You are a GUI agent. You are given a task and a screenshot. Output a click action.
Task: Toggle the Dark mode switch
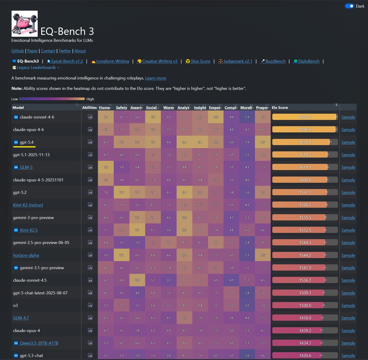coord(349,6)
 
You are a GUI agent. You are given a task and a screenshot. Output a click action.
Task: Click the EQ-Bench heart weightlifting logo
coord(25,24)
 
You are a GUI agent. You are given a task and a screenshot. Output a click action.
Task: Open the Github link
coord(17,51)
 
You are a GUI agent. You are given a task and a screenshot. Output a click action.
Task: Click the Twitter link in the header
coord(65,51)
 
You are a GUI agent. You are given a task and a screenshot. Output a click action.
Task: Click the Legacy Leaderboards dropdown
coord(36,67)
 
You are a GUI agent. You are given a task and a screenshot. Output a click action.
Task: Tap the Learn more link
coord(155,78)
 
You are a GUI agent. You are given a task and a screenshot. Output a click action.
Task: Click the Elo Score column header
coord(280,108)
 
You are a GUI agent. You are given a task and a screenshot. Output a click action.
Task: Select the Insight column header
coord(200,108)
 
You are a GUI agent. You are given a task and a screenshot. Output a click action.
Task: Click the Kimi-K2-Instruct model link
coord(28,205)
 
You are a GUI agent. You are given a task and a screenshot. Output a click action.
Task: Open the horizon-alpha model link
coord(26,255)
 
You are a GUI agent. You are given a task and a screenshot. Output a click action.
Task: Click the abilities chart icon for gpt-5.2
coord(90,192)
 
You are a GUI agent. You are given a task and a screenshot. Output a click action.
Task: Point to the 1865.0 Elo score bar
coord(305,117)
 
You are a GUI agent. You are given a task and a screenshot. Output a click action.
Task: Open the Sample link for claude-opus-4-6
coord(348,130)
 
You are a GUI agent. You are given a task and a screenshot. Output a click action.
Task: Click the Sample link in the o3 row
coord(348,305)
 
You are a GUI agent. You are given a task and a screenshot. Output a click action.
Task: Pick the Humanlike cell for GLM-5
coord(106,167)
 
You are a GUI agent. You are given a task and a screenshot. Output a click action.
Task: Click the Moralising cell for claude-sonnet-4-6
coord(247,117)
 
